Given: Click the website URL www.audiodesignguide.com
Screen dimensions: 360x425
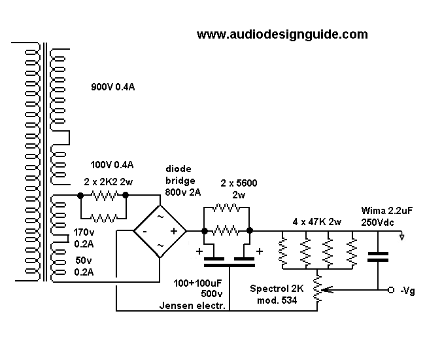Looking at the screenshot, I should (282, 35).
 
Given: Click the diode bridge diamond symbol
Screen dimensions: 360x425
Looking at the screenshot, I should (160, 230).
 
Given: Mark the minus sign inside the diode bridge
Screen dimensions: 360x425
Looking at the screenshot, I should (145, 231).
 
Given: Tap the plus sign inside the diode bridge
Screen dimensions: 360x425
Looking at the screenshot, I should (175, 231).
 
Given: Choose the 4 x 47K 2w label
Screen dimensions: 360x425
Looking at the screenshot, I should (317, 221).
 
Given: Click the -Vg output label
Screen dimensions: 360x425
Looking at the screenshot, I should (407, 289).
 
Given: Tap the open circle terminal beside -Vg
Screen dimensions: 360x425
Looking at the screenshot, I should (391, 289).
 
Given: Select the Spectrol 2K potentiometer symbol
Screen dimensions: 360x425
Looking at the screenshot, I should (318, 289).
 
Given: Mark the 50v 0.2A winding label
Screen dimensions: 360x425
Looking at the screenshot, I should (82, 266).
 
